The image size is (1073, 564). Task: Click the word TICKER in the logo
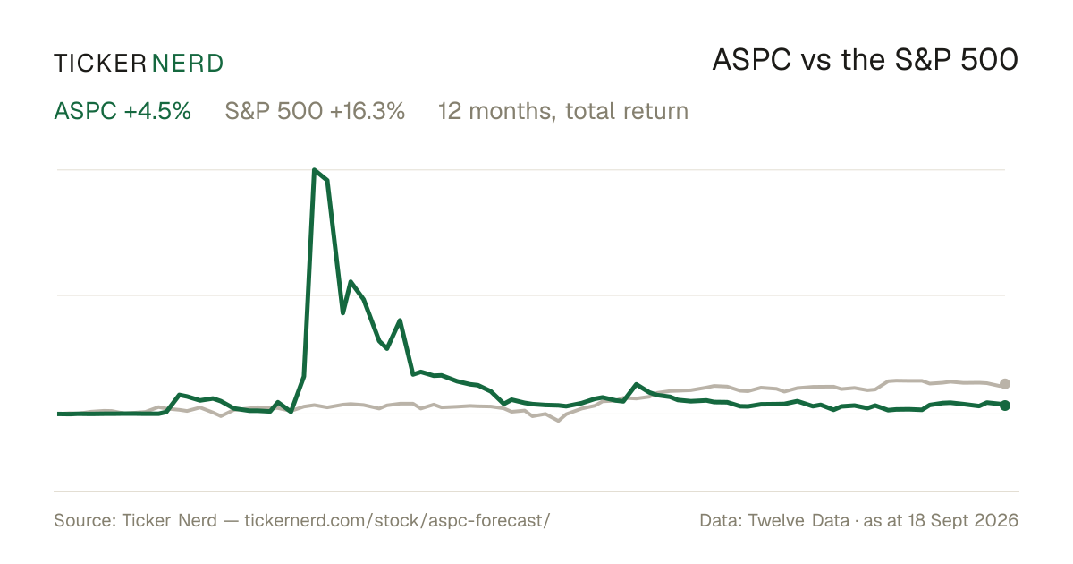click(x=100, y=64)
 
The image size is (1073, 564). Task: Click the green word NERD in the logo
click(x=187, y=64)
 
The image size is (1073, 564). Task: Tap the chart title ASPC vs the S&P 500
click(x=866, y=60)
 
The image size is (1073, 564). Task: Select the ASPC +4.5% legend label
click(x=123, y=111)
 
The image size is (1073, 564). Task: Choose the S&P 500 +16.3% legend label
click(x=315, y=111)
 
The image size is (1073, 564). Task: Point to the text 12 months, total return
click(x=563, y=111)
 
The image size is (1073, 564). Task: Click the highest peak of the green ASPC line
click(x=314, y=170)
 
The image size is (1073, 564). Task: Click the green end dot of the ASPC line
click(x=1005, y=406)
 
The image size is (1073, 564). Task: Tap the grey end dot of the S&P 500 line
click(x=1005, y=384)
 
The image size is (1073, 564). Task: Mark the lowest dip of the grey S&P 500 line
click(x=558, y=421)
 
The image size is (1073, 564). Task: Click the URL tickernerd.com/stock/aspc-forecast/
click(x=397, y=520)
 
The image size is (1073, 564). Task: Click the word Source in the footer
click(x=82, y=520)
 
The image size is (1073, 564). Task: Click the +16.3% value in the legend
click(x=368, y=111)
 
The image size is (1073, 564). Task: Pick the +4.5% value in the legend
click(x=157, y=111)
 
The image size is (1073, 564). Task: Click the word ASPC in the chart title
click(x=752, y=60)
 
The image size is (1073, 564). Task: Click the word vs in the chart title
click(x=815, y=63)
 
